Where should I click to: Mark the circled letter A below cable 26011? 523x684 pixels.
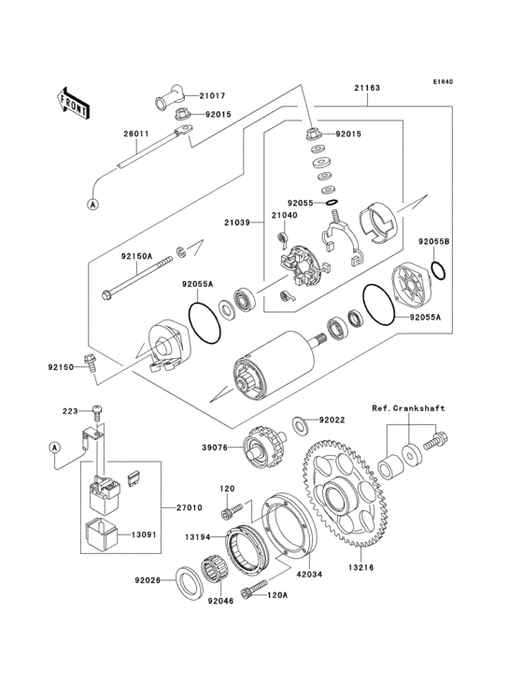(93, 203)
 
